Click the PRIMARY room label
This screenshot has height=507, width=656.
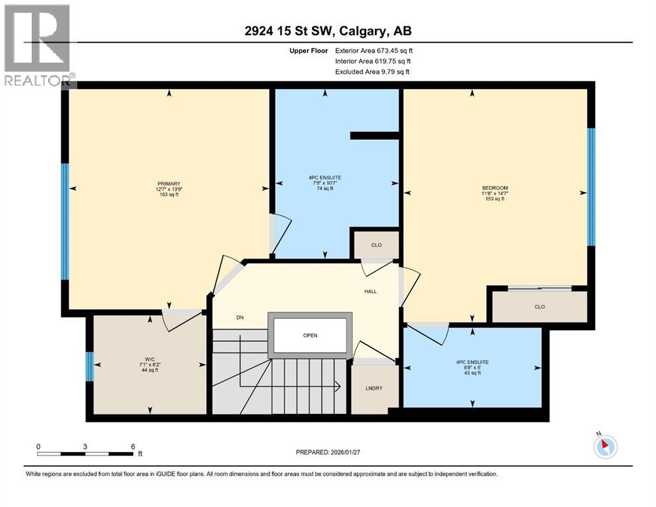click(169, 184)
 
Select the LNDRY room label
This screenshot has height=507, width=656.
click(375, 388)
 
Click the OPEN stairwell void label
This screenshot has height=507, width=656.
click(310, 335)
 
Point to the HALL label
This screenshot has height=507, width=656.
click(371, 291)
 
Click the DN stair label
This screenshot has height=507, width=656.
click(240, 318)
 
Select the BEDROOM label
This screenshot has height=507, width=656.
click(495, 188)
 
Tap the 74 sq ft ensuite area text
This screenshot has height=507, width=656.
click(324, 188)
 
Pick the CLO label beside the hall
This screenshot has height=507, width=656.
click(376, 245)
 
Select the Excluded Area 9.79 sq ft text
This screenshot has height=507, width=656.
click(372, 71)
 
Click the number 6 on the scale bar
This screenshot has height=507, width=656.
click(133, 446)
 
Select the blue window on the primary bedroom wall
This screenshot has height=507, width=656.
click(65, 221)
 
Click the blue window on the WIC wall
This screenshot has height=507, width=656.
click(89, 366)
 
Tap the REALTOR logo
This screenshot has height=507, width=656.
click(38, 45)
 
